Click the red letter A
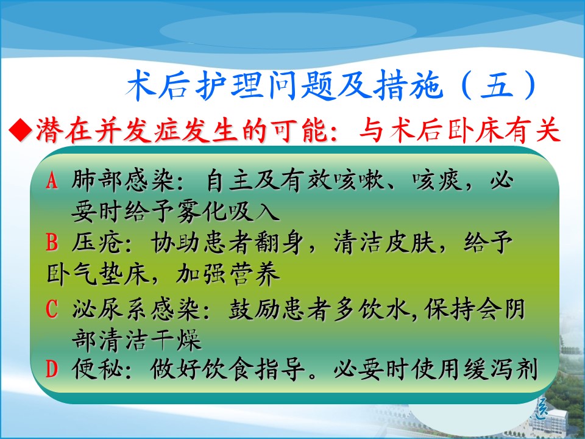click(x=52, y=180)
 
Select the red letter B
click(x=52, y=242)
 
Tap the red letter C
click(x=52, y=309)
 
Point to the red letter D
click(x=52, y=369)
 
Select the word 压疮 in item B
click(x=97, y=243)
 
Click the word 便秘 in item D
click(x=97, y=369)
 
